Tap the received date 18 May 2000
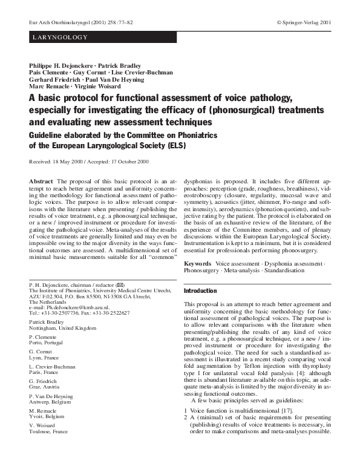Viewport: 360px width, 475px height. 68,162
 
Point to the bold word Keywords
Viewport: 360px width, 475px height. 197,264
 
